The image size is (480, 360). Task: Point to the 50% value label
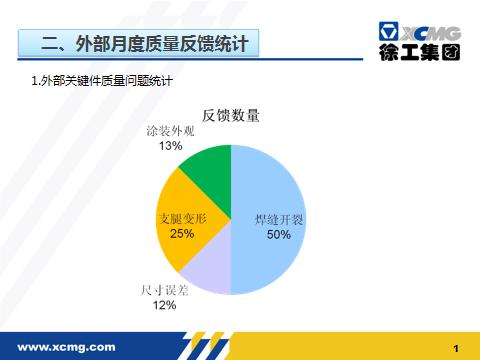(279, 235)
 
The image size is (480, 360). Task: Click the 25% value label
(182, 233)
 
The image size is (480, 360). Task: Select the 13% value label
(170, 146)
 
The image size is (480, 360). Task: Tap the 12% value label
(164, 306)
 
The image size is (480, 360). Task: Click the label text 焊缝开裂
(279, 220)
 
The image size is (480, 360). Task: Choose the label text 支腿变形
(182, 218)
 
